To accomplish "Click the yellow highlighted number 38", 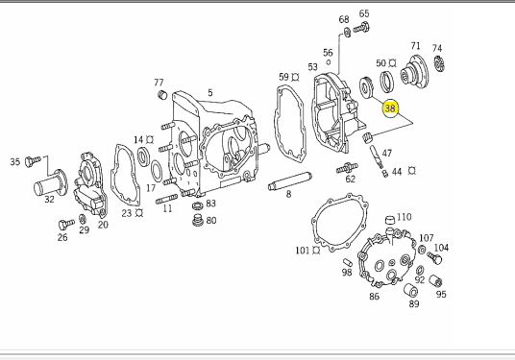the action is (390, 108).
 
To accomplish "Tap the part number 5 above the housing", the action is (209, 93).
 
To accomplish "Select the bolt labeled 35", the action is (33, 161).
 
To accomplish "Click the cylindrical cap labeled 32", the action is (50, 183).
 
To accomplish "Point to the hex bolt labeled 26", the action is (65, 225).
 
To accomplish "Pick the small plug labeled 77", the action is (162, 94).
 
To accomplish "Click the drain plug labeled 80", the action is (198, 220).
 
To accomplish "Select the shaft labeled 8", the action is (290, 181).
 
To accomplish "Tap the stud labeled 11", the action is (166, 199).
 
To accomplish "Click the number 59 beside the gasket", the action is (284, 77).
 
